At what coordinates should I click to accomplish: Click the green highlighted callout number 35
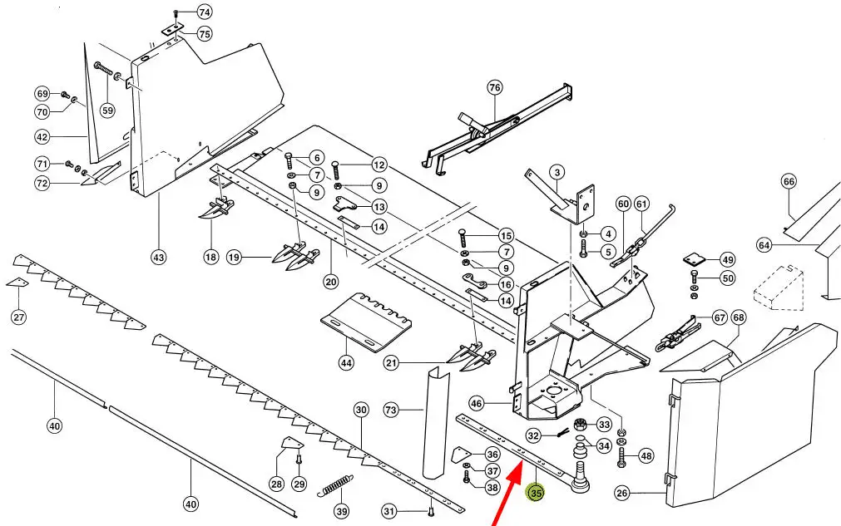coord(536,492)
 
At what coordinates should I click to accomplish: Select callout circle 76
coord(494,87)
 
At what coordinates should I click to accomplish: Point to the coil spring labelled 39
coord(335,485)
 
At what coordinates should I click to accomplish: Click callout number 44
coord(346,363)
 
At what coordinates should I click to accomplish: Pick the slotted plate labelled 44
coord(366,322)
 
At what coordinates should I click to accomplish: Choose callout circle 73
coord(390,410)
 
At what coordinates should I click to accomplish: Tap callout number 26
coord(621,492)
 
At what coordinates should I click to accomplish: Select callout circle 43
coord(158,258)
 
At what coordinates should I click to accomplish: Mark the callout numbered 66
coord(789,182)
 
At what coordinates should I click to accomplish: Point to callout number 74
coord(205,12)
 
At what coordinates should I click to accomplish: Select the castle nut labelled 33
coord(579,425)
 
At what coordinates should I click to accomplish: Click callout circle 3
coord(557,172)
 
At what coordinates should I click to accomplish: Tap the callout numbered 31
coord(388,511)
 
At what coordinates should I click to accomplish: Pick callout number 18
coord(210,257)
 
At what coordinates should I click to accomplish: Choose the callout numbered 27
coord(19,317)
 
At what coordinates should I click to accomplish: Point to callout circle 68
coord(739,317)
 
